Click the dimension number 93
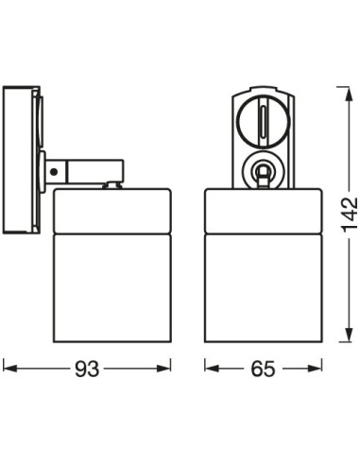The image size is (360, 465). pos(87,368)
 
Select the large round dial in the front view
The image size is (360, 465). pos(262,120)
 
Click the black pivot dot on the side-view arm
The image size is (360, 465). pos(56,171)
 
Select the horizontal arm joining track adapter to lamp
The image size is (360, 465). pos(85,171)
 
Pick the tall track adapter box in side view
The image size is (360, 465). pos(21,161)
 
